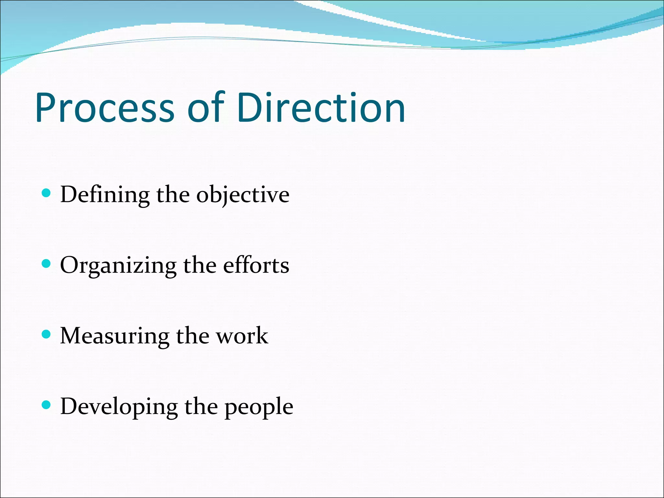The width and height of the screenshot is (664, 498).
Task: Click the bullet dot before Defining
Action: coord(47,193)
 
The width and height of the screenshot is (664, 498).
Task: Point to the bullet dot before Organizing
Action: coord(47,264)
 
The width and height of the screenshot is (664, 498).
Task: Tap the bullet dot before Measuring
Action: coord(47,334)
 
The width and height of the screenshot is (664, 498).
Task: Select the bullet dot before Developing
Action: coord(47,405)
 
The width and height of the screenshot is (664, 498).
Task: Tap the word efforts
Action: coord(256,265)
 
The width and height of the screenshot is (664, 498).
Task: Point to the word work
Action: coord(242,336)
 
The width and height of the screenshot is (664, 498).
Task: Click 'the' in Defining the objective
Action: coord(173,195)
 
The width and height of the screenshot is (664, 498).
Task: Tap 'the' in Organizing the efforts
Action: coord(200,265)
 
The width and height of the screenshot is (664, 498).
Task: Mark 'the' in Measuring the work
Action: coord(193,336)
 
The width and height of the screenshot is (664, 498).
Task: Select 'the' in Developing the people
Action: coord(201,406)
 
